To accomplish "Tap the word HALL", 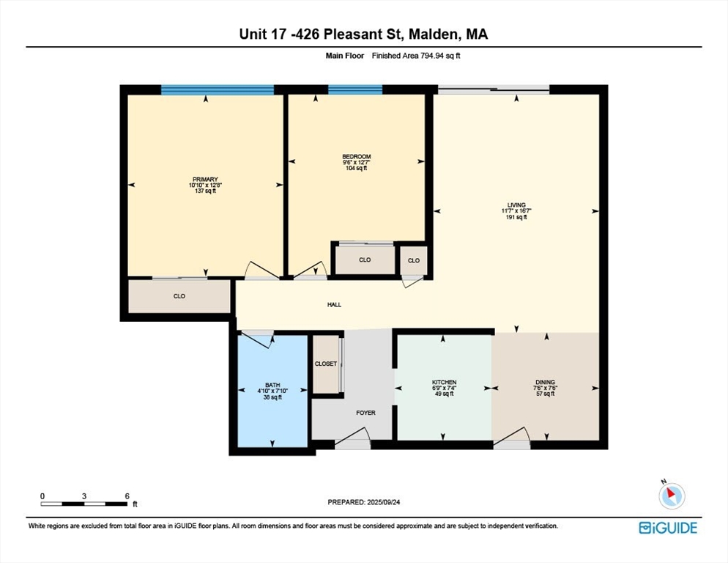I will point(334,305).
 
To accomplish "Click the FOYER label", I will point(365,413).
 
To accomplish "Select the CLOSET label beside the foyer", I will point(326,364).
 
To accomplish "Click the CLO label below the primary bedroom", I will point(179,296).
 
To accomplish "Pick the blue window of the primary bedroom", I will point(218,89).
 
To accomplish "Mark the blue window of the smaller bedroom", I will point(355,89).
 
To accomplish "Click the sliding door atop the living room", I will point(494,90).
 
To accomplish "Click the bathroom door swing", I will point(257,339).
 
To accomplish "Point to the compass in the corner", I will point(670,495).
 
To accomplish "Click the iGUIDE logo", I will point(667,528).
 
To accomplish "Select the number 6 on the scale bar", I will point(127,496).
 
